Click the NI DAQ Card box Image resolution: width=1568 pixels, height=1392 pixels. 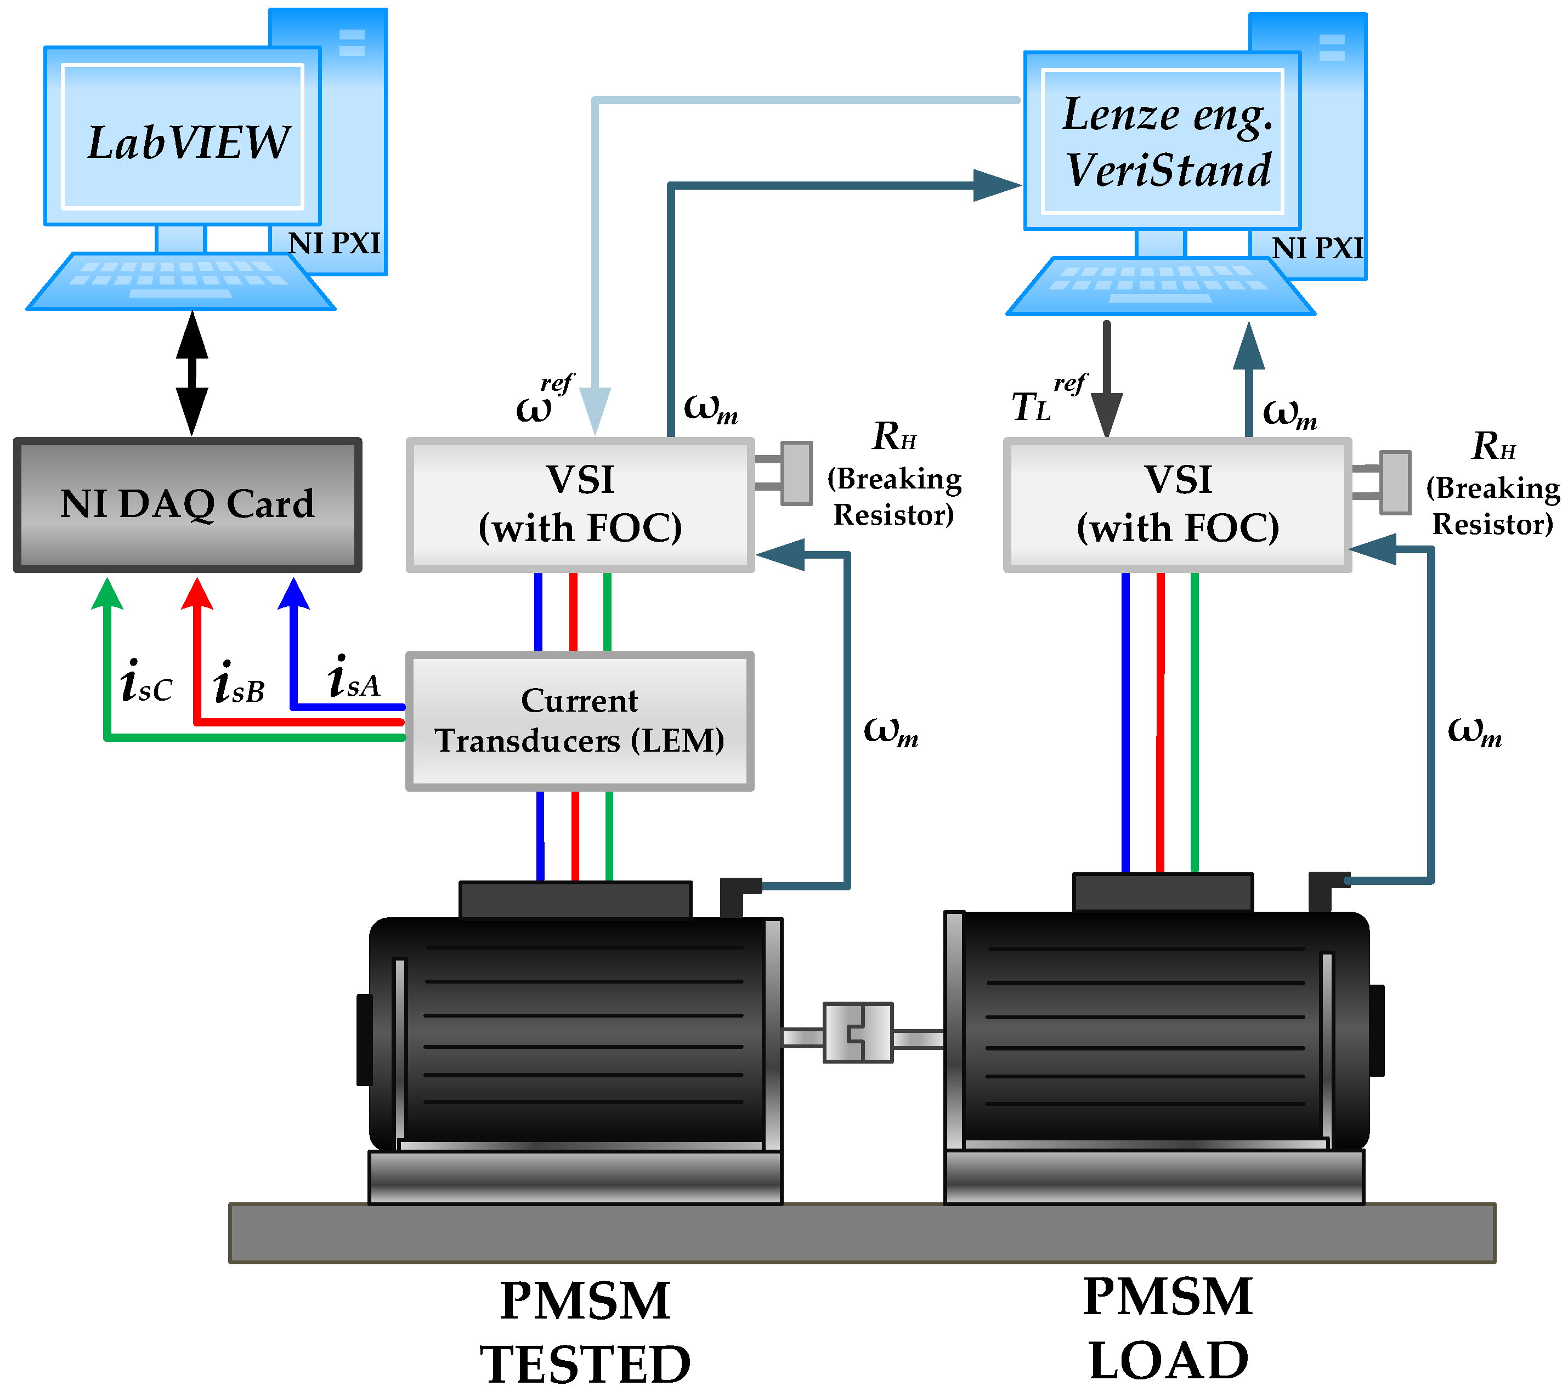coord(187,504)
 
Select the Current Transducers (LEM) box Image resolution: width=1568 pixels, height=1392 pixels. coord(579,721)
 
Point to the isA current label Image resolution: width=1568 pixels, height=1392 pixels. coord(353,679)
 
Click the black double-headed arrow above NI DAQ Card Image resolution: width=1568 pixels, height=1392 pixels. coord(192,373)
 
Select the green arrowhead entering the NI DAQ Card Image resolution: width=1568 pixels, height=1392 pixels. coord(107,594)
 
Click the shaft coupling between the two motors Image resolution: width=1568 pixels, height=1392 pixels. coord(858,1032)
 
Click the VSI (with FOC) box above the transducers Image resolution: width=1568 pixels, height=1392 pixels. coord(580,504)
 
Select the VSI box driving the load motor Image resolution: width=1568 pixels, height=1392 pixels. coord(1178,504)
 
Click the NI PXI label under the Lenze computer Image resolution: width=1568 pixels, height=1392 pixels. coord(1317,248)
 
